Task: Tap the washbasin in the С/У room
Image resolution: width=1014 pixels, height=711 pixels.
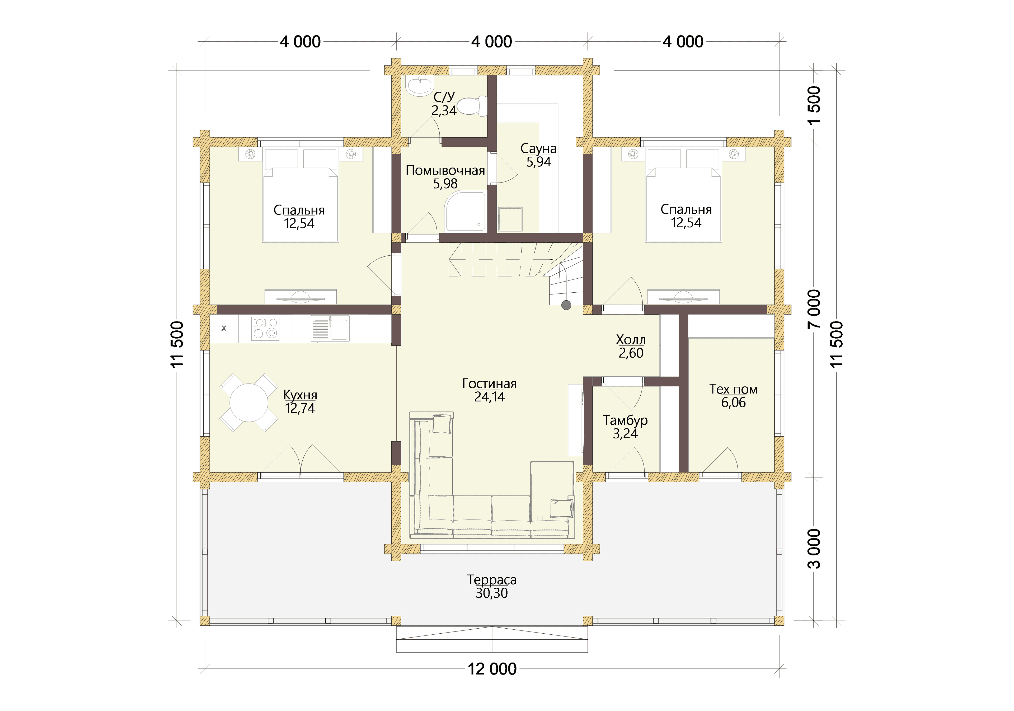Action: (420, 86)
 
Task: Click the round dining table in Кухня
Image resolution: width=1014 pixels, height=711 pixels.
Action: (249, 403)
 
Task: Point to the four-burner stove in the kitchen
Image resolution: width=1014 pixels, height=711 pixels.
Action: (265, 328)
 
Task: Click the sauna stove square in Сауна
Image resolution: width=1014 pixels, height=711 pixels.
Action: (510, 219)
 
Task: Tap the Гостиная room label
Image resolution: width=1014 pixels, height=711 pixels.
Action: (489, 383)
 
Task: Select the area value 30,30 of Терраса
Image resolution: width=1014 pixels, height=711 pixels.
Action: (491, 593)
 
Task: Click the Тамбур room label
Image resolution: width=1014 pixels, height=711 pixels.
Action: (625, 420)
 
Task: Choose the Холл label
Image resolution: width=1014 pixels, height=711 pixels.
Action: (631, 340)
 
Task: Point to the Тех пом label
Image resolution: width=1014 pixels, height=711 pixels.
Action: (733, 389)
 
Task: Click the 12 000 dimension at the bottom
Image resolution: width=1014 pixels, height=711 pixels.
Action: (492, 669)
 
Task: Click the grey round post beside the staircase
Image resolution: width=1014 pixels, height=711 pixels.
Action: (566, 305)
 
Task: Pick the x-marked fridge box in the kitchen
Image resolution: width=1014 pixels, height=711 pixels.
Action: (224, 328)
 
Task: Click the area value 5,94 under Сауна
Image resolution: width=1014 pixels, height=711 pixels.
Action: (538, 162)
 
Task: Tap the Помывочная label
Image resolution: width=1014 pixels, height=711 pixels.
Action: (445, 170)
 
